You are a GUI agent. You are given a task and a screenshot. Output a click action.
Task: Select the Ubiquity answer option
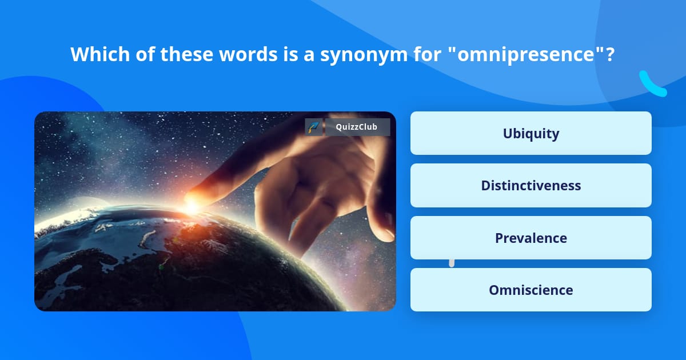(x=531, y=133)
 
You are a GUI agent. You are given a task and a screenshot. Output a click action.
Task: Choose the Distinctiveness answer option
(x=531, y=186)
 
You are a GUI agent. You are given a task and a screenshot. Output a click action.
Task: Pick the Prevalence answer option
(x=531, y=238)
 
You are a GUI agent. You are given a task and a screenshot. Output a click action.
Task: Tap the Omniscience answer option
(x=531, y=290)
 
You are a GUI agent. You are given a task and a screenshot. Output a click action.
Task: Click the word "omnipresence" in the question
(x=527, y=54)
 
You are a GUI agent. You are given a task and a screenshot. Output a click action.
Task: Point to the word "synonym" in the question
(x=364, y=55)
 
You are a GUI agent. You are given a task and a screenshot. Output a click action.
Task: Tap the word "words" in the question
(x=248, y=54)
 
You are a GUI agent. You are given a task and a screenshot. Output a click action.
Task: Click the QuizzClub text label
(x=357, y=127)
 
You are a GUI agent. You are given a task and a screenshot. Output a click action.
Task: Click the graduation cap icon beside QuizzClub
(x=314, y=127)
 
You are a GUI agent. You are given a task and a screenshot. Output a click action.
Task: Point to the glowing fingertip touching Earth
(x=192, y=203)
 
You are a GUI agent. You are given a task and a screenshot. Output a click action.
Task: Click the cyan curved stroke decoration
(x=652, y=85)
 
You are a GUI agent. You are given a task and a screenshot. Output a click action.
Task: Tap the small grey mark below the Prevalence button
(x=452, y=263)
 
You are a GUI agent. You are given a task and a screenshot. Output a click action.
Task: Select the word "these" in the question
(x=186, y=54)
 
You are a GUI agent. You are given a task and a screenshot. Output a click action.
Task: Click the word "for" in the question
(x=427, y=54)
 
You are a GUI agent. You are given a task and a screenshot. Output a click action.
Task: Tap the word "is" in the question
(x=290, y=54)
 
